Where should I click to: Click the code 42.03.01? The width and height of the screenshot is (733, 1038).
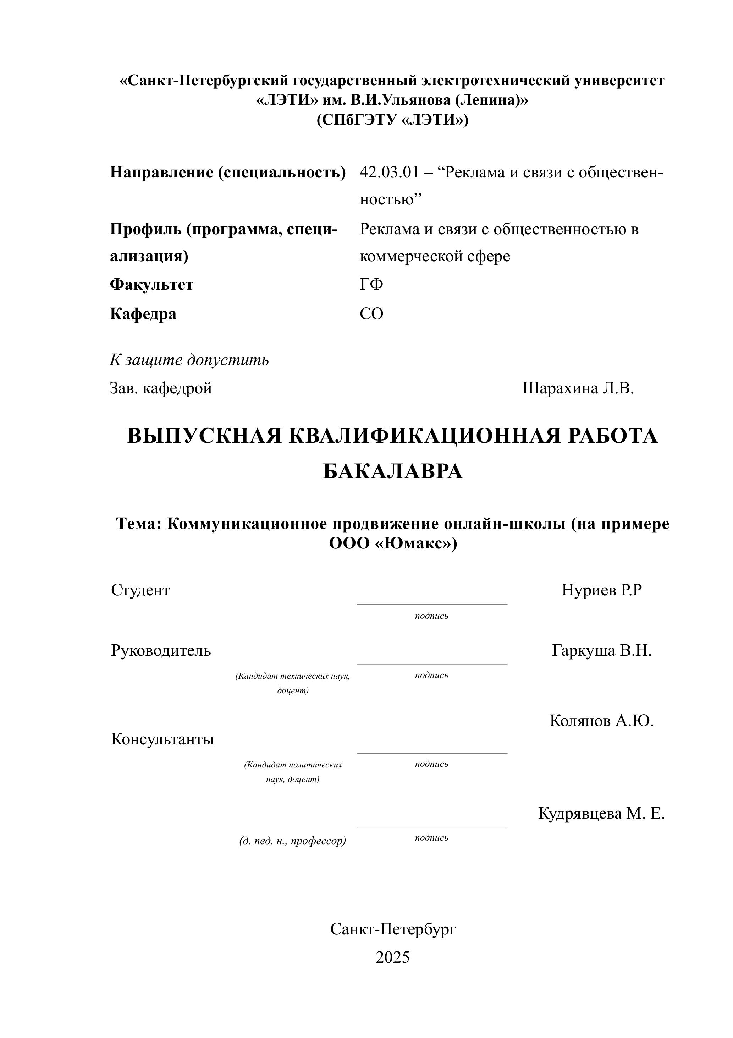tap(389, 172)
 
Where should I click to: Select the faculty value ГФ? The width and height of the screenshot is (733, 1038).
tap(371, 284)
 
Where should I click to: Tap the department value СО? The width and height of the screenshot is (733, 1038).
tap(371, 313)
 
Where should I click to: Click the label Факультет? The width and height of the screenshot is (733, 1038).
tap(151, 284)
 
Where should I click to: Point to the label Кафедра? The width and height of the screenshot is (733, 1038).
tap(143, 313)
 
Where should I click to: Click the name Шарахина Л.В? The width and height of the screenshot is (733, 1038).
tap(578, 388)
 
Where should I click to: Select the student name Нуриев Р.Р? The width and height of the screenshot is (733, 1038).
tap(601, 590)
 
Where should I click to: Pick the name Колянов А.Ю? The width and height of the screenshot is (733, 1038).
tap(601, 720)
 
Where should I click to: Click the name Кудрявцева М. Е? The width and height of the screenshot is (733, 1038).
tap(601, 813)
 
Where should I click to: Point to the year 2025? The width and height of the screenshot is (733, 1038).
tap(392, 957)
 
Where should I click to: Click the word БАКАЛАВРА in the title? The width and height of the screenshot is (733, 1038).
tap(392, 471)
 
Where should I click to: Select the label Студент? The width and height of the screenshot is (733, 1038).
tap(140, 590)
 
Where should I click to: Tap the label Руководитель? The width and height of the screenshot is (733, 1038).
tap(160, 651)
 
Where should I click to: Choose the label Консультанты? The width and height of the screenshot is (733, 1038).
tap(162, 739)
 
